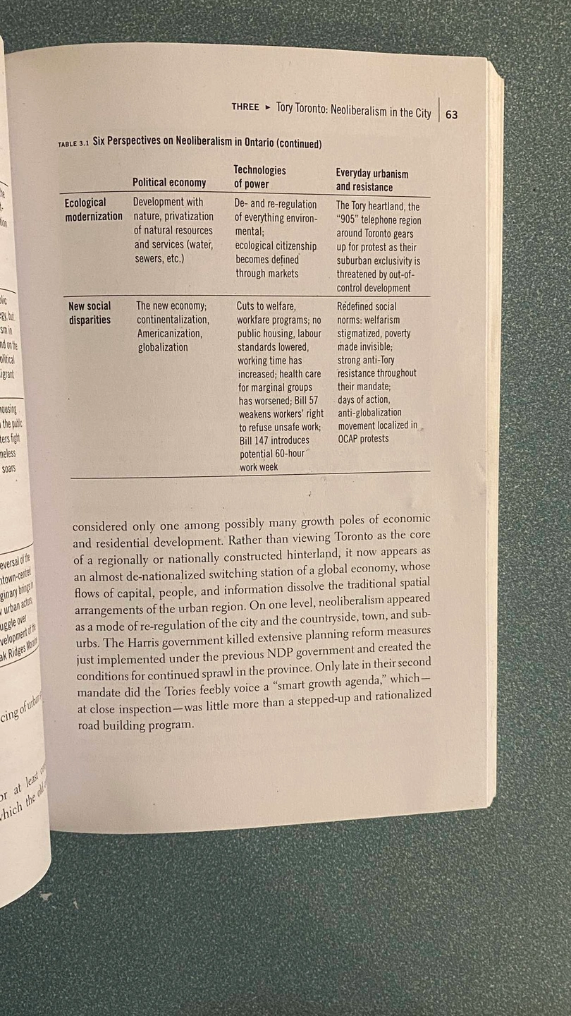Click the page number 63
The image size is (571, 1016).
click(x=451, y=114)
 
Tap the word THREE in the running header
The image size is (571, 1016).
click(x=245, y=107)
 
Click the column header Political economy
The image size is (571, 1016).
click(x=169, y=183)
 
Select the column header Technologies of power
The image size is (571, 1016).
click(x=259, y=177)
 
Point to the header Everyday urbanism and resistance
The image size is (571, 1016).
click(x=372, y=180)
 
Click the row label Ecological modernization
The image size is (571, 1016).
click(x=94, y=210)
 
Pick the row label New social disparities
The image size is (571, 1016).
click(x=90, y=313)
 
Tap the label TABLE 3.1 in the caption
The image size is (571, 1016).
click(x=73, y=144)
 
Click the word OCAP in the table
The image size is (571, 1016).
click(x=350, y=439)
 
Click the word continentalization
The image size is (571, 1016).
click(x=173, y=320)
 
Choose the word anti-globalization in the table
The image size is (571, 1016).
click(x=369, y=413)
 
